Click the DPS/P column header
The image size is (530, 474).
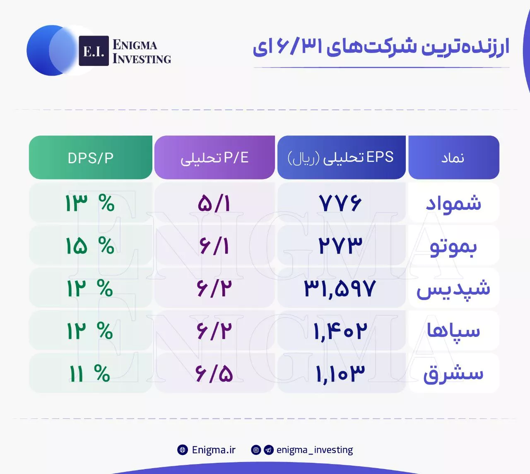click(91, 157)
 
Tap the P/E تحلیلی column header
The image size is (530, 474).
click(214, 157)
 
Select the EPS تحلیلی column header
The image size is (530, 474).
click(341, 157)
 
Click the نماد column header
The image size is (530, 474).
click(454, 157)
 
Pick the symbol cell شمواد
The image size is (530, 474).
click(454, 203)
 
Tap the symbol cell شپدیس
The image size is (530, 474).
click(453, 289)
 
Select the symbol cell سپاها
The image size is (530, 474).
click(453, 330)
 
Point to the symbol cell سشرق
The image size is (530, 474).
click(453, 373)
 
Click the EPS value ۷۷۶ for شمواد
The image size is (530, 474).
click(340, 203)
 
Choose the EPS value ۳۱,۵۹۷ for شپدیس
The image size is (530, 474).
click(340, 289)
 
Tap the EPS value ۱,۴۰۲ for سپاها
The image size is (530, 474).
click(340, 331)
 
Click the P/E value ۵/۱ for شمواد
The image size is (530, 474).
click(214, 203)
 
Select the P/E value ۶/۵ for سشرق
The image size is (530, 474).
click(214, 373)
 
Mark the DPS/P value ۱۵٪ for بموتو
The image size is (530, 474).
click(90, 246)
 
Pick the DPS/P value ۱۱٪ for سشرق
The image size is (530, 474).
click(89, 373)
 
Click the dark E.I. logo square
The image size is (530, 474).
click(94, 51)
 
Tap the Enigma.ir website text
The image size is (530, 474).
click(214, 450)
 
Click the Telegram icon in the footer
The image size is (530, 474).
click(268, 450)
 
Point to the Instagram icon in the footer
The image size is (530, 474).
click(256, 450)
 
